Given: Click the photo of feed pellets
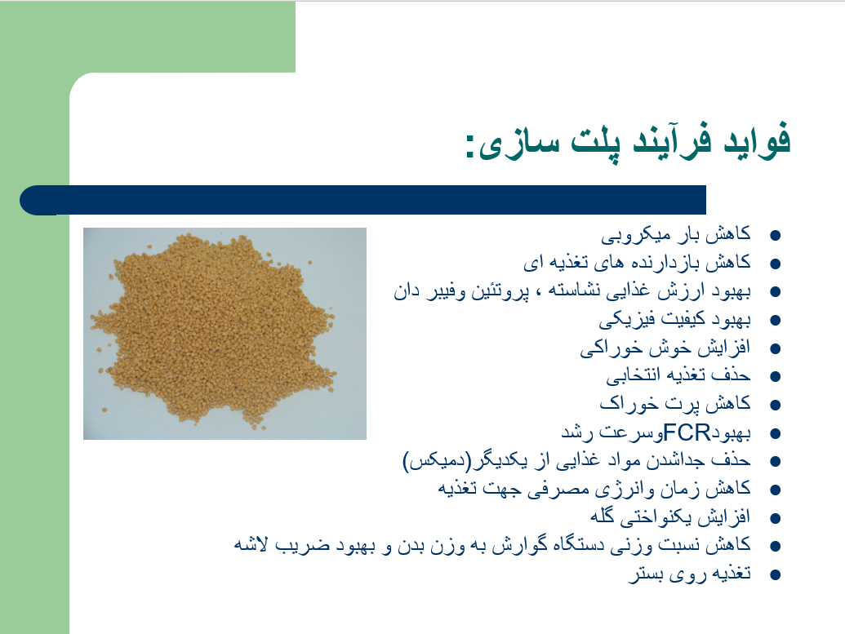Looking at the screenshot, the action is point(225,334).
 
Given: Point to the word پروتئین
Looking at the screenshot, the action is point(500,291).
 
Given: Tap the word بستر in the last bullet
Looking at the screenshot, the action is point(646,574).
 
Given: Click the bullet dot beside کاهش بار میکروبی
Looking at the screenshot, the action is point(776,235).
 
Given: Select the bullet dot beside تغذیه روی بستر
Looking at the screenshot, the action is point(776,574).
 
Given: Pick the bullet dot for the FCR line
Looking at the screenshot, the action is point(776,433).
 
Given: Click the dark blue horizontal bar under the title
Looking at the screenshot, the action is point(362,200).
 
